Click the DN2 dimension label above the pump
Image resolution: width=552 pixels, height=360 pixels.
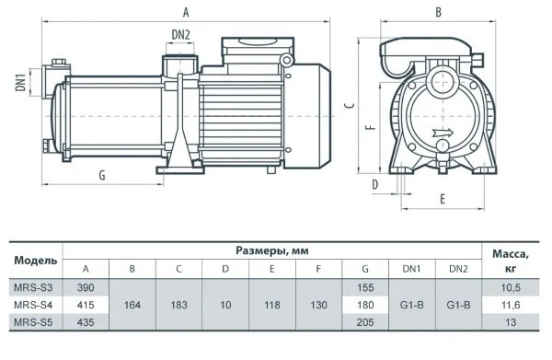(180, 34)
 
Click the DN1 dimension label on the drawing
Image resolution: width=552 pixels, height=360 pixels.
(21, 83)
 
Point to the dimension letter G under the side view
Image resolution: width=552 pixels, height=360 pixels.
(102, 175)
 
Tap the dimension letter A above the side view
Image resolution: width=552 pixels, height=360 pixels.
(186, 13)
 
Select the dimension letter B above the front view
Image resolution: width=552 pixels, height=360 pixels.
(438, 12)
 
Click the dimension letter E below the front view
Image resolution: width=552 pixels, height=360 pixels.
(443, 199)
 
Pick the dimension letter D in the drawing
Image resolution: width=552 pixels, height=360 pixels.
(375, 184)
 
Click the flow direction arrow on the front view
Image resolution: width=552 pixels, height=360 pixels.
(443, 133)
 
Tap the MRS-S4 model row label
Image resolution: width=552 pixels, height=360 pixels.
(33, 305)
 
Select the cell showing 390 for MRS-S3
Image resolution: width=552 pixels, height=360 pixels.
(86, 288)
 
